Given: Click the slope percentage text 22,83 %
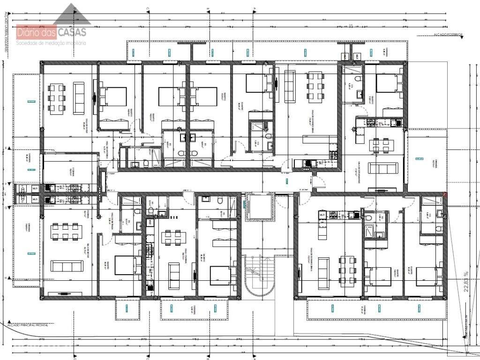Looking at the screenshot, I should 466,281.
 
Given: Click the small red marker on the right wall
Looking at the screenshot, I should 445,194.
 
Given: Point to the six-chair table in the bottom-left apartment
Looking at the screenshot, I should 66,231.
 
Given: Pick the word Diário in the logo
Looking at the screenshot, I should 30,33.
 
